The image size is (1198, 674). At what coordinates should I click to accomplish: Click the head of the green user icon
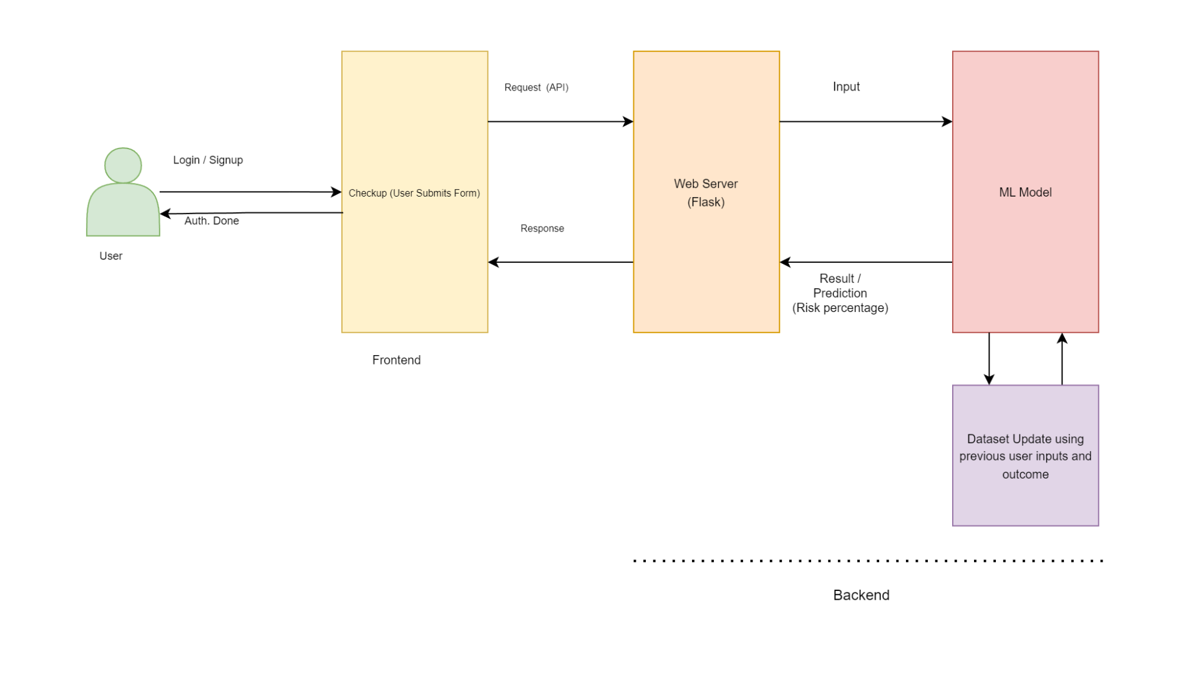[123, 165]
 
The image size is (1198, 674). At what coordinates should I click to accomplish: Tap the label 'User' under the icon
[111, 256]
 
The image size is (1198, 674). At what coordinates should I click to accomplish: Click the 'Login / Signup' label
[208, 160]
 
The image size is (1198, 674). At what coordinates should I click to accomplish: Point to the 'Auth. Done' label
[212, 221]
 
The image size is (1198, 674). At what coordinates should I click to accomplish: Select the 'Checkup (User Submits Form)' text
[414, 193]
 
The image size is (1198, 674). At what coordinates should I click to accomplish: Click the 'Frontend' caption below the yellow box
[396, 360]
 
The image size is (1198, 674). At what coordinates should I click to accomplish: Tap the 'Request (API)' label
[536, 87]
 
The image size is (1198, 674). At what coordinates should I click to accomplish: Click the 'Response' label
[542, 228]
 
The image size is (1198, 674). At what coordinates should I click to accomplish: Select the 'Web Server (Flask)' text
[706, 193]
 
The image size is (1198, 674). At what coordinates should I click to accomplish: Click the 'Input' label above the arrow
[846, 87]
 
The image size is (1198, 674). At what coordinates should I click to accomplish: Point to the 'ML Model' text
[1025, 192]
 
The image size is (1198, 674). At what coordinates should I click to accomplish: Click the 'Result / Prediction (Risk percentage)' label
[840, 293]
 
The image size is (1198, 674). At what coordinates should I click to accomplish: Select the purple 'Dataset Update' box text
[1025, 456]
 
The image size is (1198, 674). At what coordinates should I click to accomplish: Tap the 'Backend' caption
[861, 595]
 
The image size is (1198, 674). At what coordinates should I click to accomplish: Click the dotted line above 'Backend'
[867, 561]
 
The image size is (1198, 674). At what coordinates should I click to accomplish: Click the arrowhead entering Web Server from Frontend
[628, 122]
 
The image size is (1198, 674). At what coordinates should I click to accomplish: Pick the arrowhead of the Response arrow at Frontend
[494, 262]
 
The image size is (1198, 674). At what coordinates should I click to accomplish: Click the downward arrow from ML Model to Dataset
[989, 359]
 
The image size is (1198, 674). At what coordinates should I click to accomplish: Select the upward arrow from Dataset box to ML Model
[1062, 358]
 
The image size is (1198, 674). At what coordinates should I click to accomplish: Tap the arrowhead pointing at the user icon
[165, 213]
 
